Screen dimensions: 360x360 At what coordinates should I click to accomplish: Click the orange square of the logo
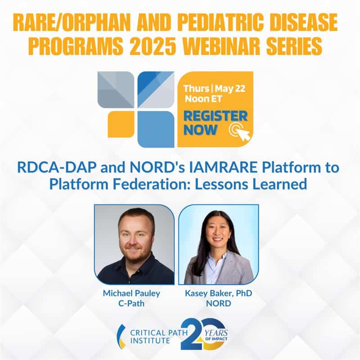[x=121, y=124]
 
